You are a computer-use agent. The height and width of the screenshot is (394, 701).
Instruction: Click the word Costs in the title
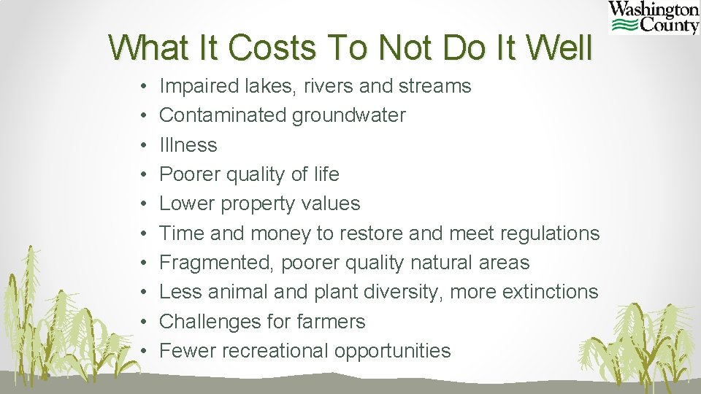coord(270,48)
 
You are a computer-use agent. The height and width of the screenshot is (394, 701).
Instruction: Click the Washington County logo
coord(654,18)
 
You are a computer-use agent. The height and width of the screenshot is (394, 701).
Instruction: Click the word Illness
coord(188,144)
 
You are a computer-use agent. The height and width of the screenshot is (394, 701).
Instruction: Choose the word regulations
coord(549,233)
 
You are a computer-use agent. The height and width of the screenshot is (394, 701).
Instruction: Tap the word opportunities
coord(393,351)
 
